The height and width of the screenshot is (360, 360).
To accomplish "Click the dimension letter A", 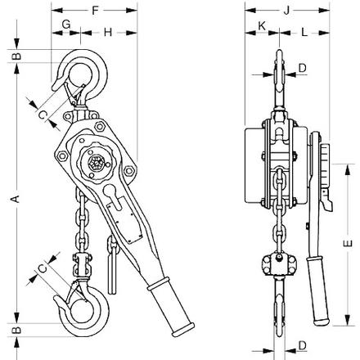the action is click(x=16, y=199).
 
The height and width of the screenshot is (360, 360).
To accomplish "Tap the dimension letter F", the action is click(x=95, y=11).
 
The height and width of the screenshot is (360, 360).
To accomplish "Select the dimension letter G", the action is click(x=66, y=25).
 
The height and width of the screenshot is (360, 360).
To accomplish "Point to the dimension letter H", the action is click(x=108, y=32).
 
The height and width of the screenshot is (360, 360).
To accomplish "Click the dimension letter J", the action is click(x=286, y=11).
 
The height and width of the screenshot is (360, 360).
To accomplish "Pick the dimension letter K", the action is click(x=262, y=26).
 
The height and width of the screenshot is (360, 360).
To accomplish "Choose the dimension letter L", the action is click(x=304, y=32).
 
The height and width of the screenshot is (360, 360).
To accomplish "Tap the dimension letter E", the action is click(x=348, y=243).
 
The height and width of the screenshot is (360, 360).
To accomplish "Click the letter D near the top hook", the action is click(x=302, y=68).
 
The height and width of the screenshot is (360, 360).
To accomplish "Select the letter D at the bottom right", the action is click(x=302, y=345).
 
